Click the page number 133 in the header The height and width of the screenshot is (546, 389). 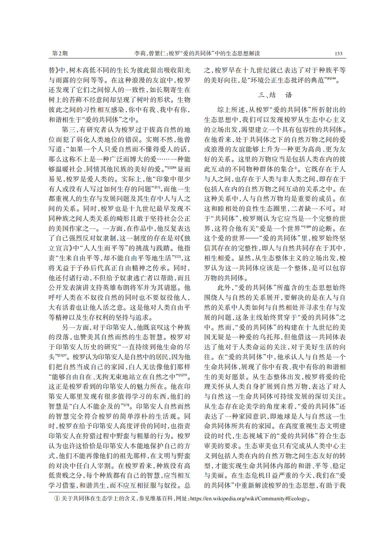[338, 54]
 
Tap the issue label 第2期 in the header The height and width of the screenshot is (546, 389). [59, 54]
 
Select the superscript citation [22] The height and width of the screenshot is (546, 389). [178, 256]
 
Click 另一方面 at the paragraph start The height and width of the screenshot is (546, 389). [74, 327]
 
